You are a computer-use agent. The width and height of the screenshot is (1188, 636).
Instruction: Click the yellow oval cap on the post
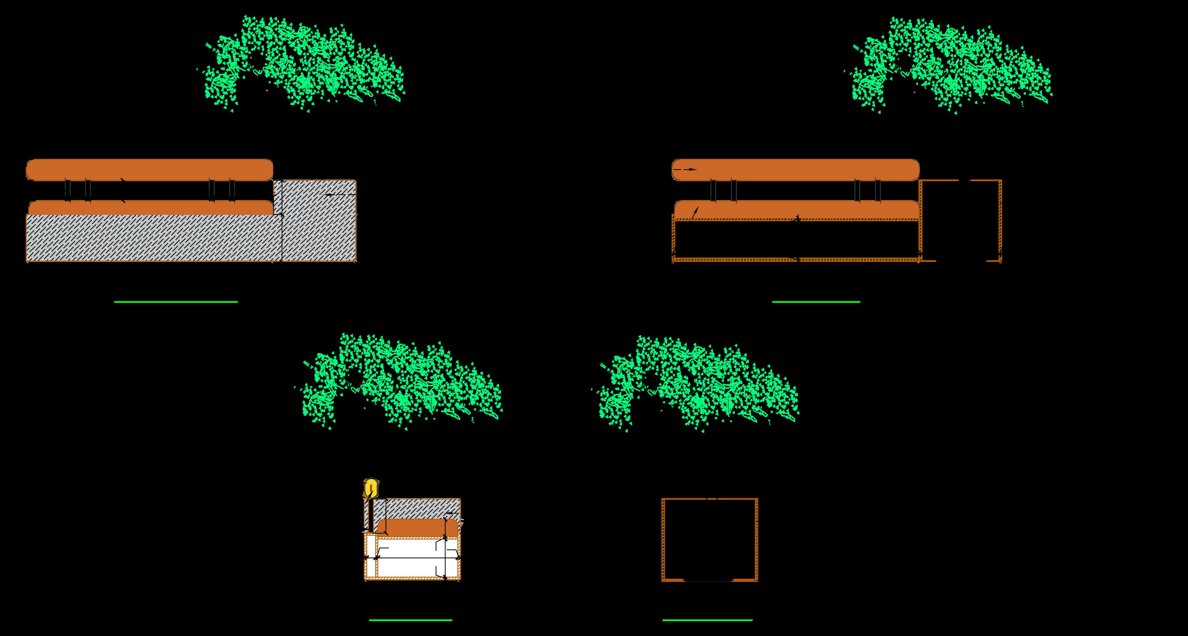coord(370,488)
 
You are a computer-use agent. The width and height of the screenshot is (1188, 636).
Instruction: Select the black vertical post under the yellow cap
coord(370,515)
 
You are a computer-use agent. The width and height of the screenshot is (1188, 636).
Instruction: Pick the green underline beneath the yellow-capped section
coord(410,620)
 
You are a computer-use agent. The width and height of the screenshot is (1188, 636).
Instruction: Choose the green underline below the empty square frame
coord(707,620)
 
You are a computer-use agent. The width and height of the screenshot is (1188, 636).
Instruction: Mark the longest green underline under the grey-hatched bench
coord(176,302)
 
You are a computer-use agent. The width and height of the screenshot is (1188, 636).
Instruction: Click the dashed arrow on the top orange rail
coord(685,169)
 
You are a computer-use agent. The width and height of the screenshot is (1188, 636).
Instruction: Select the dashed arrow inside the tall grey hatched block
coord(339,195)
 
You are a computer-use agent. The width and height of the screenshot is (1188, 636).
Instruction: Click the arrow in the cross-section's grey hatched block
coord(452,513)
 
